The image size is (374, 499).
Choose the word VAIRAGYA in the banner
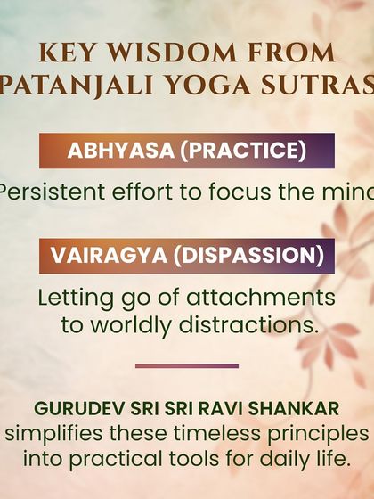click(110, 256)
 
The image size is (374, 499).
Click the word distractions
click(247, 324)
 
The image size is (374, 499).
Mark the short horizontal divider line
click(187, 365)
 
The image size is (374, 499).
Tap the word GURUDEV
click(72, 410)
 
